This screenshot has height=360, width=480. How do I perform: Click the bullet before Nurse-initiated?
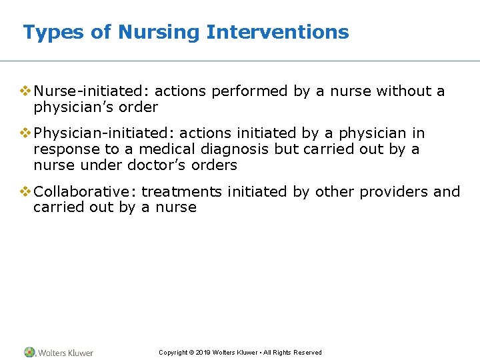pos(25,91)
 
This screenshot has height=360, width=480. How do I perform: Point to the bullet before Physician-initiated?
pos(25,133)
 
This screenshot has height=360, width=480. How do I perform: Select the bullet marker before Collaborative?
pos(25,192)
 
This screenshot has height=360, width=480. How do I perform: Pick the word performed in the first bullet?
pos(259,91)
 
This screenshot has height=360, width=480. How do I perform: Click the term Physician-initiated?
pos(103,133)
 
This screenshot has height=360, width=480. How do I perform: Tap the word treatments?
pos(181,192)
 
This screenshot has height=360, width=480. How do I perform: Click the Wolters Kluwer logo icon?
pos(30,352)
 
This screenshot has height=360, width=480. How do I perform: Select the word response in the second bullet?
pos(65,149)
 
